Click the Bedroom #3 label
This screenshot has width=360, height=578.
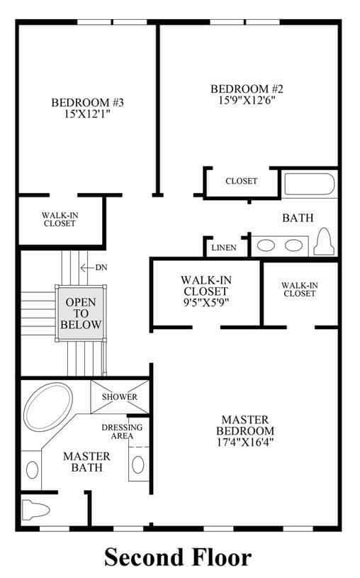pyautogui.click(x=88, y=102)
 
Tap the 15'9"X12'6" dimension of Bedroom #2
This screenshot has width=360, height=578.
pyautogui.click(x=247, y=100)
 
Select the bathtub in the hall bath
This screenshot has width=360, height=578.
pyautogui.click(x=310, y=184)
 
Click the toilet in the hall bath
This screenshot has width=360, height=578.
pyautogui.click(x=324, y=242)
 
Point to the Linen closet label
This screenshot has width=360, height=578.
pyautogui.click(x=224, y=248)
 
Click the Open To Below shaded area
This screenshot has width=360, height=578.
pyautogui.click(x=81, y=313)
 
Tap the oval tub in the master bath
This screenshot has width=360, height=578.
pyautogui.click(x=48, y=406)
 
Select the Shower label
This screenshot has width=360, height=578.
pyautogui.click(x=120, y=397)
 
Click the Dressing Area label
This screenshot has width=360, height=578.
pyautogui.click(x=122, y=432)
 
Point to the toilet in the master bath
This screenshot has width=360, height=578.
pyautogui.click(x=35, y=510)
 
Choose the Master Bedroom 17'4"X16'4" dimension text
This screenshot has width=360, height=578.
pyautogui.click(x=245, y=442)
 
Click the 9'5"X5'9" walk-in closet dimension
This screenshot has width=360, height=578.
pyautogui.click(x=206, y=303)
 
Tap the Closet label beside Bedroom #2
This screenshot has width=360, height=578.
pyautogui.click(x=242, y=181)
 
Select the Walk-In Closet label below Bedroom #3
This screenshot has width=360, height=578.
pyautogui.click(x=60, y=219)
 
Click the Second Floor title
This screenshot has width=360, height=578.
pyautogui.click(x=179, y=557)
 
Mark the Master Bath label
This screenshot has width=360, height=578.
pyautogui.click(x=86, y=462)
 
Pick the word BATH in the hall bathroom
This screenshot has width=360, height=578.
pyautogui.click(x=298, y=218)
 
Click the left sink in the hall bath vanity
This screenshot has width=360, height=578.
pyautogui.click(x=266, y=245)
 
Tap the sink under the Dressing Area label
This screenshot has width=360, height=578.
pyautogui.click(x=138, y=465)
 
